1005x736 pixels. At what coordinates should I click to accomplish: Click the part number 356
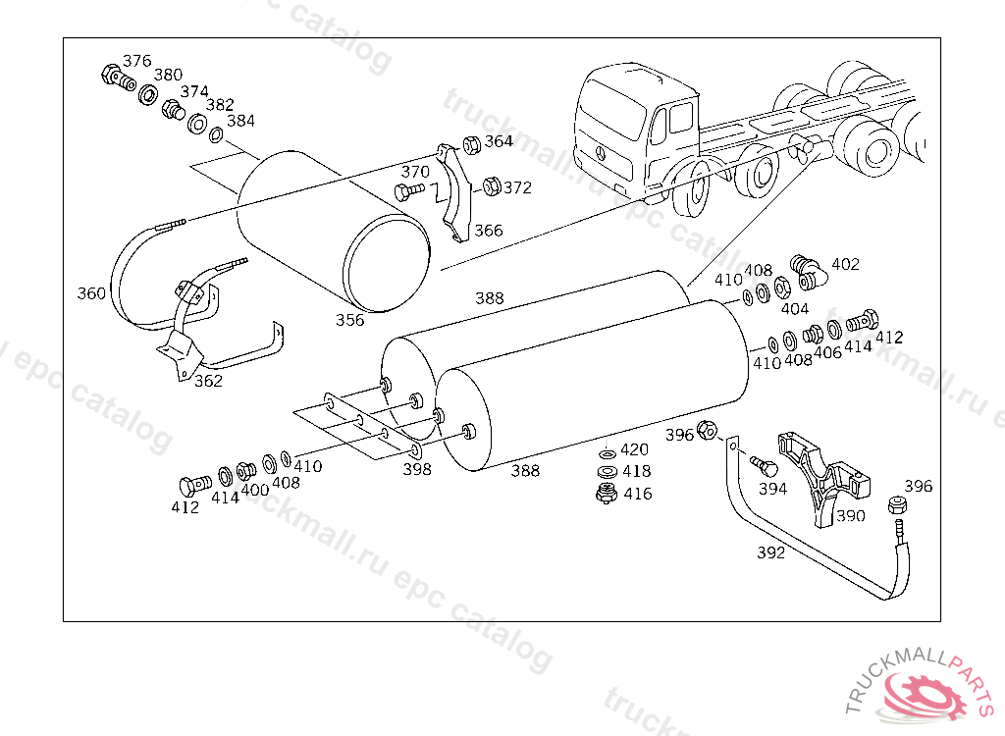pos(349,319)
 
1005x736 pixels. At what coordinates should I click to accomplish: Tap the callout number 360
pos(91,293)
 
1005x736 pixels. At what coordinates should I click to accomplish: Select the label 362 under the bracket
pos(208,381)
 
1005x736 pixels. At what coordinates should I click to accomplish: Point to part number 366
pos(488,231)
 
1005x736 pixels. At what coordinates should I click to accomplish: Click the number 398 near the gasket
pos(417,469)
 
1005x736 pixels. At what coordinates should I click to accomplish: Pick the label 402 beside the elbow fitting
pos(845,264)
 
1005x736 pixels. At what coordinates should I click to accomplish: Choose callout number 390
pos(850,515)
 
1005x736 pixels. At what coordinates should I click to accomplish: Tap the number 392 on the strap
pos(771,552)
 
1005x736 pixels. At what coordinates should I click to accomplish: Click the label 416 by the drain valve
pos(637,494)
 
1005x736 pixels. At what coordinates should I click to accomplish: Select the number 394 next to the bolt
pos(772,489)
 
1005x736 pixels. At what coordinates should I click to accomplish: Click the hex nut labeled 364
pos(470,143)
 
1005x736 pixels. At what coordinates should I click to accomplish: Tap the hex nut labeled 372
pos(492,185)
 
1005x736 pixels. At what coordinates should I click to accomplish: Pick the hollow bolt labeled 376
pos(113,77)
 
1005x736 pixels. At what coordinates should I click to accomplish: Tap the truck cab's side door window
pos(680,121)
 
